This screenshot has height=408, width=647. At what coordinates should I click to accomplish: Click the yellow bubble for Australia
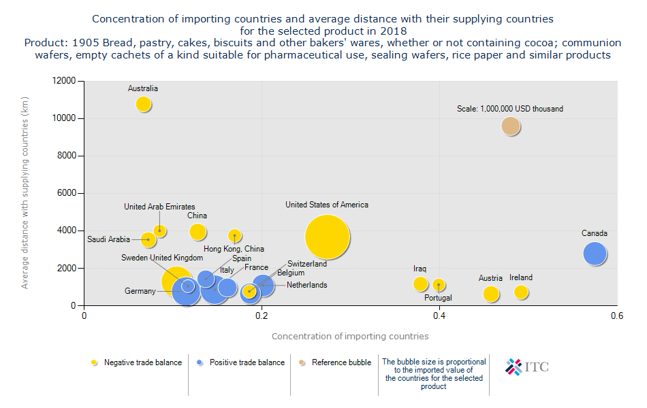(x=143, y=104)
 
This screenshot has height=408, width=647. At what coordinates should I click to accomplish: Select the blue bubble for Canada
(x=595, y=254)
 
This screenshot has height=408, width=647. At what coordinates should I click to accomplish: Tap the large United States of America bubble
(x=328, y=237)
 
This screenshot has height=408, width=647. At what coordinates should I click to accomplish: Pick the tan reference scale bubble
(x=511, y=126)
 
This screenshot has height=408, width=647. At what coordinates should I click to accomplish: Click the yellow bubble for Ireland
(x=522, y=292)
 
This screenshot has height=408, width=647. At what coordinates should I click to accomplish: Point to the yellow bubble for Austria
(x=491, y=294)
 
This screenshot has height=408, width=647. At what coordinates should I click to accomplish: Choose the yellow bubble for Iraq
(x=421, y=284)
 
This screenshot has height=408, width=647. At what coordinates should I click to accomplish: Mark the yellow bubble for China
(x=198, y=232)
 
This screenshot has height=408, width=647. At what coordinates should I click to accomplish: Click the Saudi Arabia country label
(x=108, y=239)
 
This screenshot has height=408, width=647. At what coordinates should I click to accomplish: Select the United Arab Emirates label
(x=159, y=207)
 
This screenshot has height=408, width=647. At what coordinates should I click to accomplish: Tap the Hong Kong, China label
(x=234, y=250)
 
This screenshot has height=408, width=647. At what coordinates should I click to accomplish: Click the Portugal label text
(x=438, y=298)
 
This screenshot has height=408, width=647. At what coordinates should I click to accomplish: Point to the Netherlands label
(x=306, y=285)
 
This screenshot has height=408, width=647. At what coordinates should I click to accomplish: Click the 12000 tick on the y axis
(x=67, y=81)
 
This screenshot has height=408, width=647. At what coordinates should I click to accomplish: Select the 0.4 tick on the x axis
(x=439, y=316)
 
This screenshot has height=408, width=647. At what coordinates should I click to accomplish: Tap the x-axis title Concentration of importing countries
(x=350, y=336)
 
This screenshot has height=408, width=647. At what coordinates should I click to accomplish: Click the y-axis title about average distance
(x=25, y=193)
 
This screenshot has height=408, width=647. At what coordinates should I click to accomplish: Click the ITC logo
(x=527, y=367)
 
